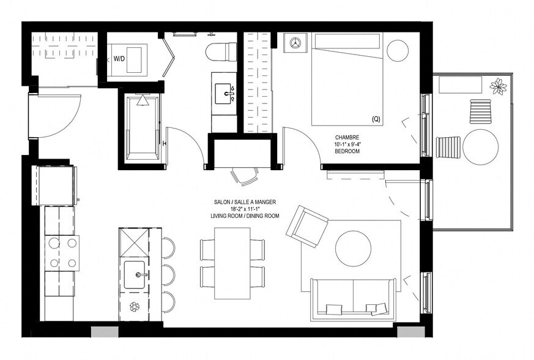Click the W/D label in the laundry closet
120,60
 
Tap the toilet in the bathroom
221,51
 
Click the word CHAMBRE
347,137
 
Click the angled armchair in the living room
307,225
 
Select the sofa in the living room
353,300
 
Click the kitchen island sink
134,274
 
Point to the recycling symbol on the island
134,306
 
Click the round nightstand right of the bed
398,50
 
